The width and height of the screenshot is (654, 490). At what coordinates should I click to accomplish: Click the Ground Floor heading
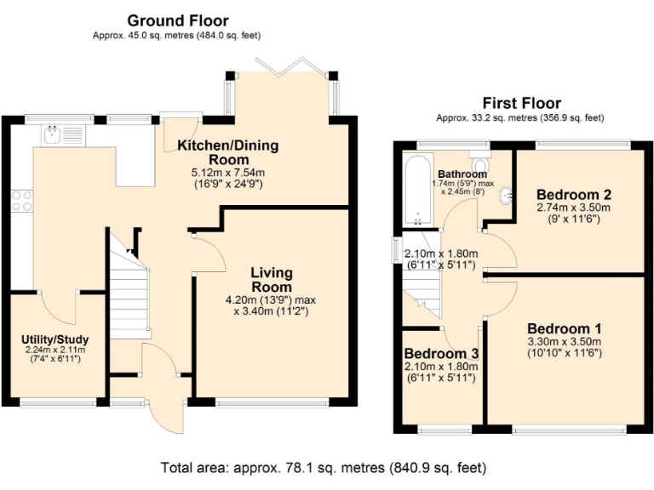click(177, 20)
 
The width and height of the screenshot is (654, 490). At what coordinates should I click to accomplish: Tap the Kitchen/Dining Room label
click(227, 152)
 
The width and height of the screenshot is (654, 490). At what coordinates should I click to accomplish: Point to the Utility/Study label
click(54, 339)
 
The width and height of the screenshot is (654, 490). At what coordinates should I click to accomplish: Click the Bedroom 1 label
click(564, 329)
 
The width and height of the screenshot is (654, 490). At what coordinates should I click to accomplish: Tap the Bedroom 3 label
click(441, 353)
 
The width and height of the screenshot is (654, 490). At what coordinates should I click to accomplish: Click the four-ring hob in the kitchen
click(21, 201)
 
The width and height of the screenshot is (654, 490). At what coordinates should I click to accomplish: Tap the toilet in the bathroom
click(479, 164)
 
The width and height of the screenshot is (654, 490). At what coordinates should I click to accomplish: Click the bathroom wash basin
click(508, 195)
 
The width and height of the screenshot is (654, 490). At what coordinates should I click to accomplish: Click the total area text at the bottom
click(324, 467)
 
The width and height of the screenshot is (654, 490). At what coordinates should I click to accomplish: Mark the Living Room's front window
click(272, 402)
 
